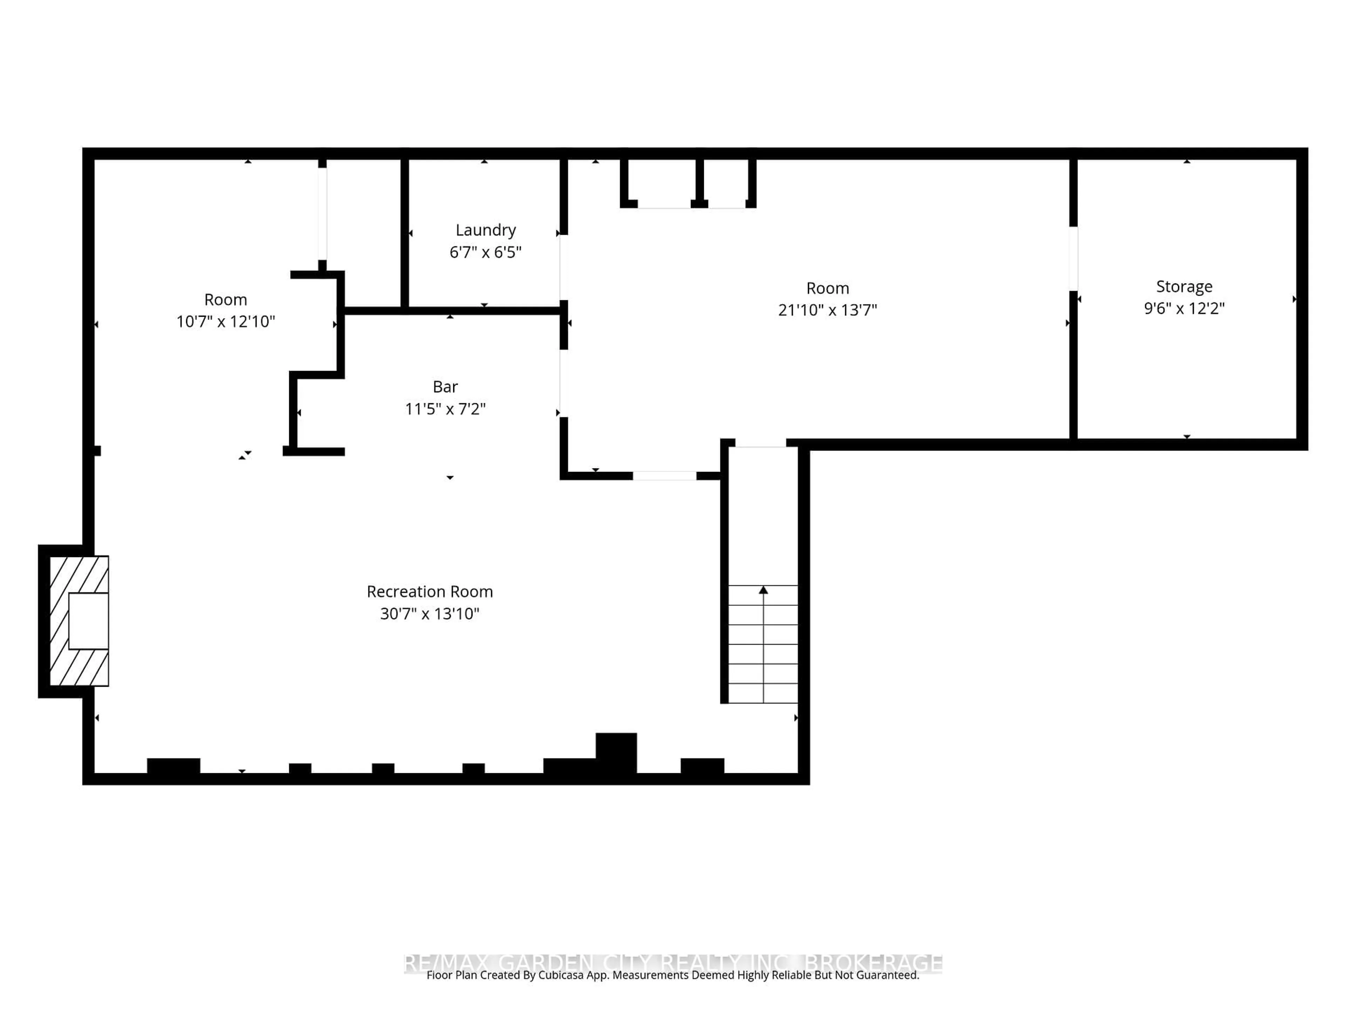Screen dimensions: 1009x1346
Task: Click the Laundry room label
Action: point(485,230)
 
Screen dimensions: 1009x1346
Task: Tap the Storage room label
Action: point(1183,287)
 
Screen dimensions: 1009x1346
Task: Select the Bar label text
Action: point(445,387)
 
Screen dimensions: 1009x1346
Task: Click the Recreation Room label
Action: point(430,592)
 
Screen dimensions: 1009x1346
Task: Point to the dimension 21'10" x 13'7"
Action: point(827,310)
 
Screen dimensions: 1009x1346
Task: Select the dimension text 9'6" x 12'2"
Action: point(1183,308)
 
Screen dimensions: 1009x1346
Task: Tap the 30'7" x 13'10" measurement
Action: point(430,614)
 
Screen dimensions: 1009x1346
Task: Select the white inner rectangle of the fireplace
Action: point(88,621)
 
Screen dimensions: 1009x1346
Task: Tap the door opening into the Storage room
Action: point(1073,259)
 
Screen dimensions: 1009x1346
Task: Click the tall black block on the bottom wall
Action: point(616,752)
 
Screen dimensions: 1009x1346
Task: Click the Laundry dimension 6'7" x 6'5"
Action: point(485,252)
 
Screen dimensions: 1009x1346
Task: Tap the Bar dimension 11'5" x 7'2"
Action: point(445,409)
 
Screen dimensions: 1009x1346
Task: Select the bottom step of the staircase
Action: point(763,693)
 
